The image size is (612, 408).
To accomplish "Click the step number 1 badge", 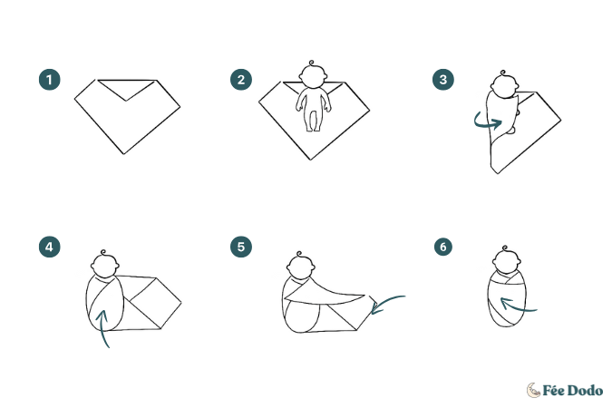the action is [x=50, y=80].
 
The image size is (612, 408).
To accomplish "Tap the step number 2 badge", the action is [x=241, y=80].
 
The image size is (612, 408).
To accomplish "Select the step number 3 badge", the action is [x=443, y=80].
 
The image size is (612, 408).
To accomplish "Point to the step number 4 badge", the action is [x=50, y=247].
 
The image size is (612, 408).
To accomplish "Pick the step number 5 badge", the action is [x=241, y=247].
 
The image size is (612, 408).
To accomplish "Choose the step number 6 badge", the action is [x=443, y=247].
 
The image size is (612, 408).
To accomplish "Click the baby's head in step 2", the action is [x=312, y=75].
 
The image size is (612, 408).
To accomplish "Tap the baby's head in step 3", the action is [x=505, y=84].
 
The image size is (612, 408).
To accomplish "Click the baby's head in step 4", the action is [x=104, y=265].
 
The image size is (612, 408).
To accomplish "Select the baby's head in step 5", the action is [x=300, y=266].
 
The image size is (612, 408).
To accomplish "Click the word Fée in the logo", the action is [x=552, y=391].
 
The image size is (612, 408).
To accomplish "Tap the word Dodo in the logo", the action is [x=584, y=391].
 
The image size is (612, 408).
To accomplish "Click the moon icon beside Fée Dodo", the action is [x=533, y=390].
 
